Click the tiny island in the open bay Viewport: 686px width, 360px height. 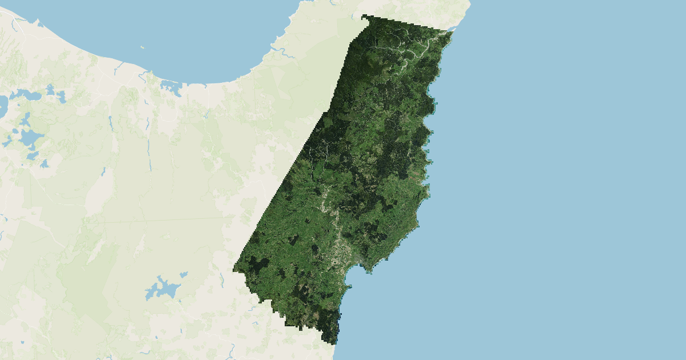coord(141,47)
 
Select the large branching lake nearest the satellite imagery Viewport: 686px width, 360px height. coord(161,287)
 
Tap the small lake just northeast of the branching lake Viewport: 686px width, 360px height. coord(184,274)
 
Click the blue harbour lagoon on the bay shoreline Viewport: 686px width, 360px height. coord(170,87)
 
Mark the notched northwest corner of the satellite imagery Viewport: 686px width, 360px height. coord(364,18)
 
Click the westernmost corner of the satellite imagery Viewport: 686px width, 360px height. coord(234,269)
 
